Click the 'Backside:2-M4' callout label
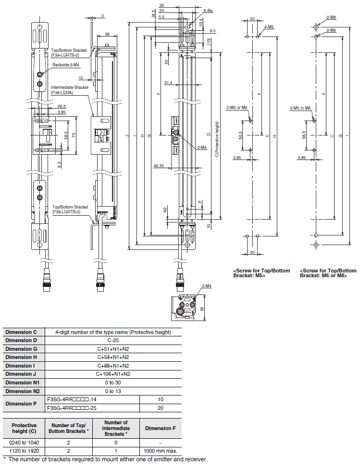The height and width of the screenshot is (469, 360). click(66, 64)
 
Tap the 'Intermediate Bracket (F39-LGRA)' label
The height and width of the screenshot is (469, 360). click(69, 90)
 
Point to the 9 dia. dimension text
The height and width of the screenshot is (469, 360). click(208, 11)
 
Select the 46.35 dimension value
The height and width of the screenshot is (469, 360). click(158, 165)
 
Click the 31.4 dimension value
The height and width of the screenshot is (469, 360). click(168, 83)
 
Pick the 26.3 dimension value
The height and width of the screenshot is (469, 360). click(62, 106)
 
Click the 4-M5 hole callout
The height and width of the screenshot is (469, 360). click(269, 27)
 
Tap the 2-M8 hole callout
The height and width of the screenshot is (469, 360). click(331, 17)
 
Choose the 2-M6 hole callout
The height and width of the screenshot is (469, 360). click(331, 30)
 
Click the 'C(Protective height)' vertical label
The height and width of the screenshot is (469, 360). click(217, 139)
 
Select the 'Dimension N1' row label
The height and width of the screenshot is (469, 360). click(23, 383)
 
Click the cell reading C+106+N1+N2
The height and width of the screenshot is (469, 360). click(113, 374)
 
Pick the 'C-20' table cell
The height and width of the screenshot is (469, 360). click(113, 340)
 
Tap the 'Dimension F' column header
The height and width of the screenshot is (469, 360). click(161, 428)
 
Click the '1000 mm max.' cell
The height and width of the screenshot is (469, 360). click(161, 451)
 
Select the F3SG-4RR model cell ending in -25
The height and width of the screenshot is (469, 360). click(72, 408)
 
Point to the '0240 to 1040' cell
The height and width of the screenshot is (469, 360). click(24, 443)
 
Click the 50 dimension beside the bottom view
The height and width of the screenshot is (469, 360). click(202, 309)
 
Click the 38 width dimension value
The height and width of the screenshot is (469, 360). click(107, 35)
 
